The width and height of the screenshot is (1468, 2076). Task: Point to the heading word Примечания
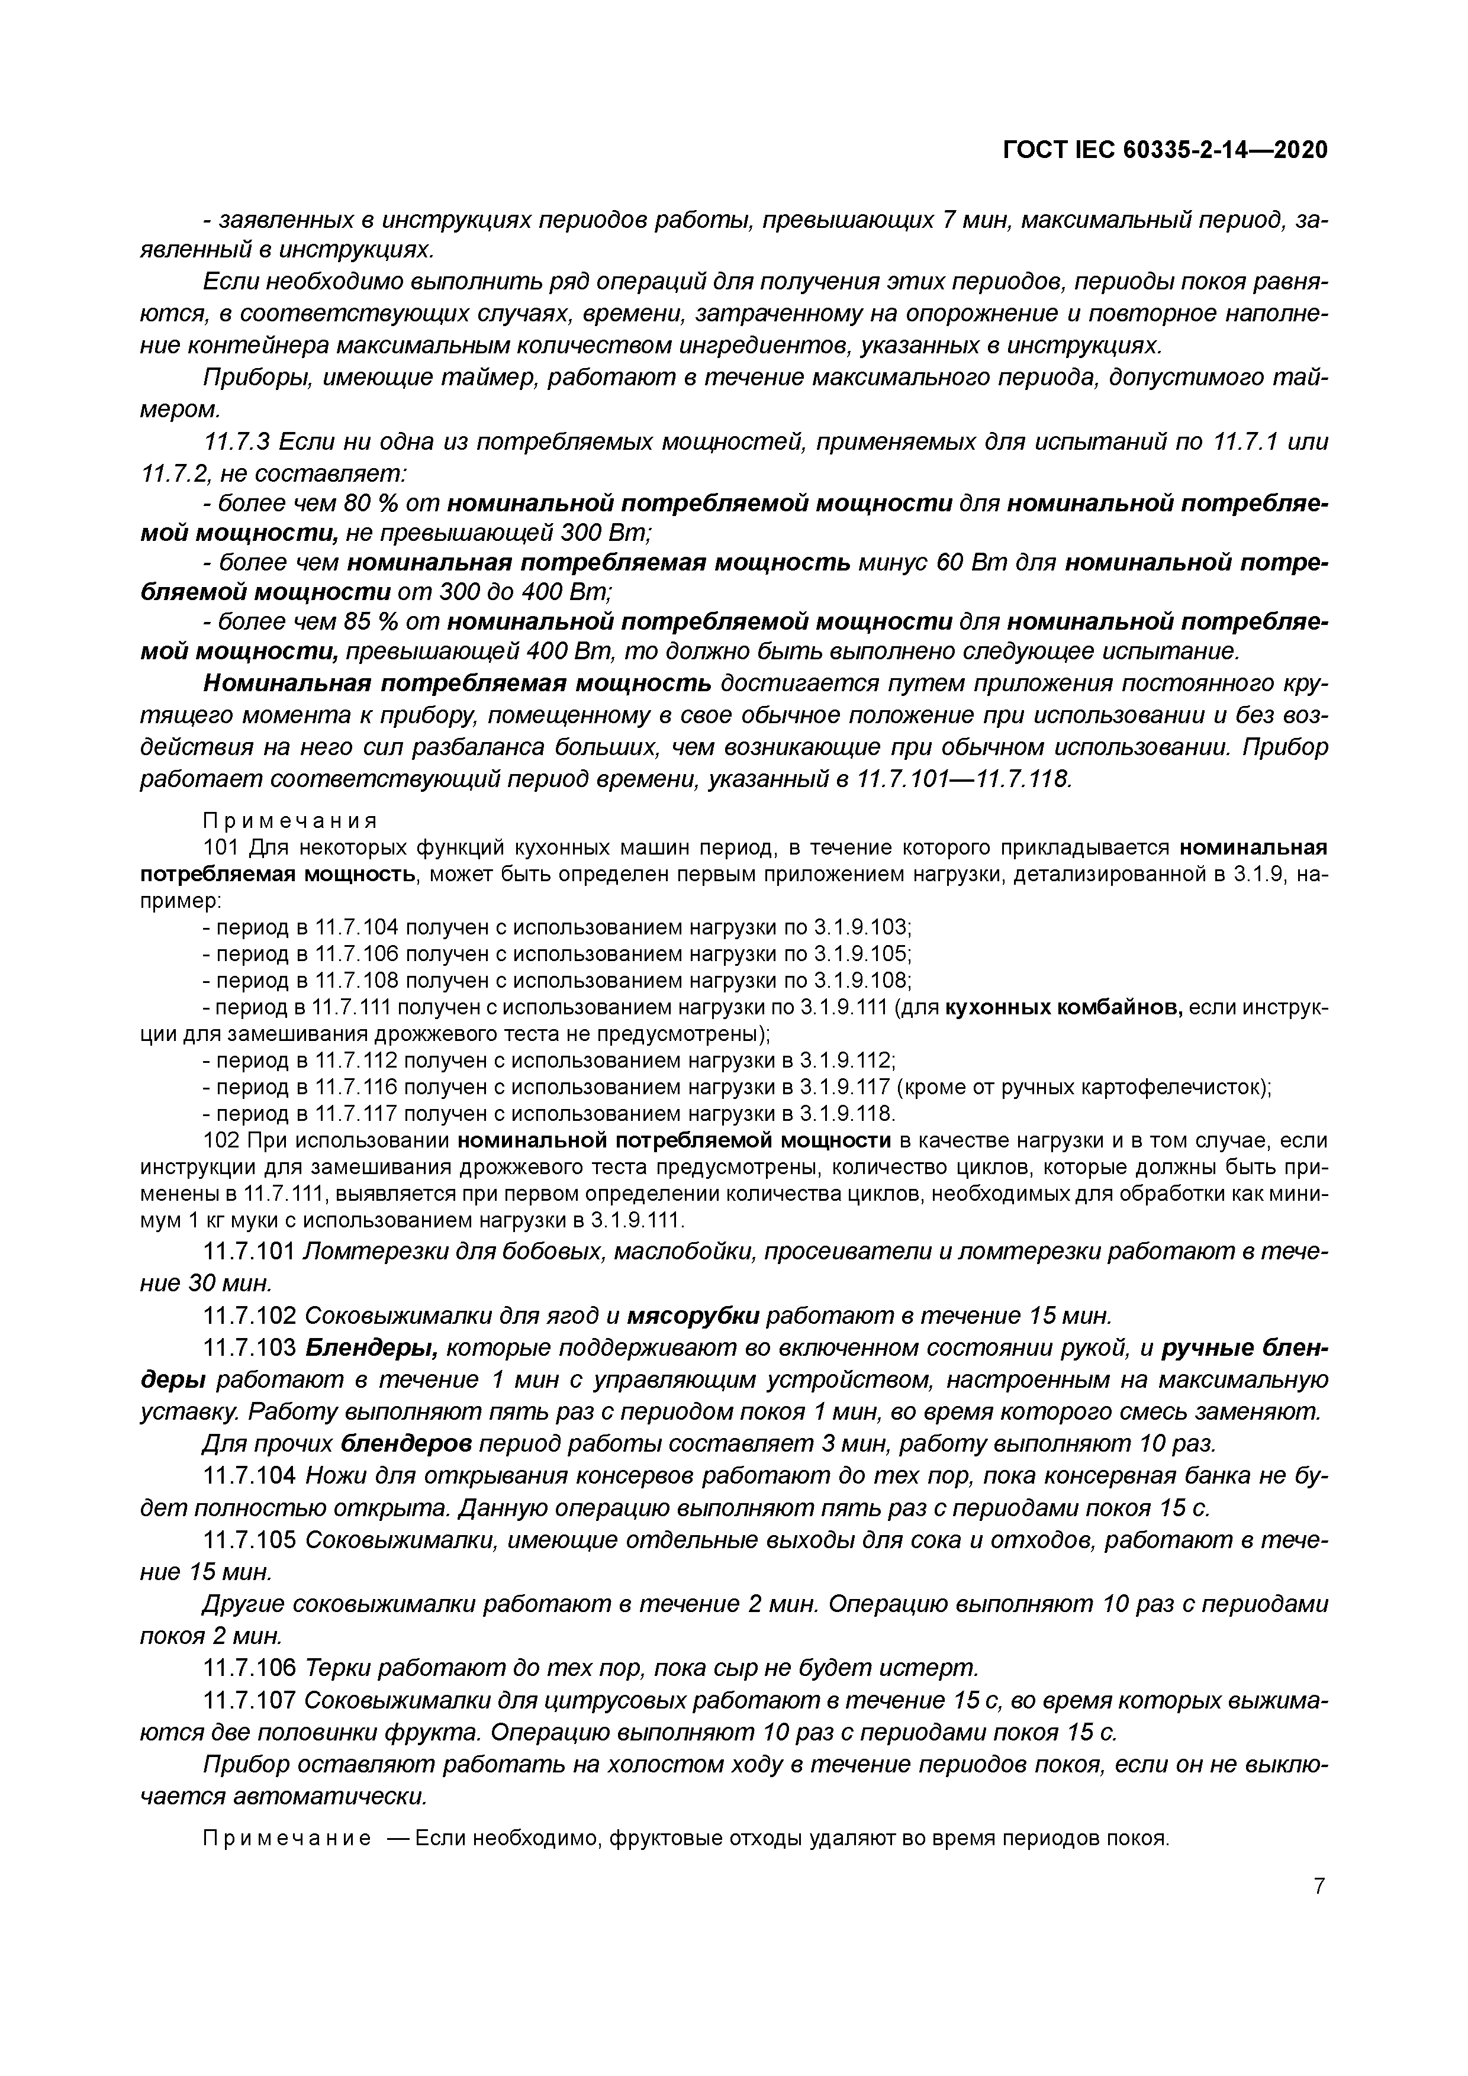pos(288,820)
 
